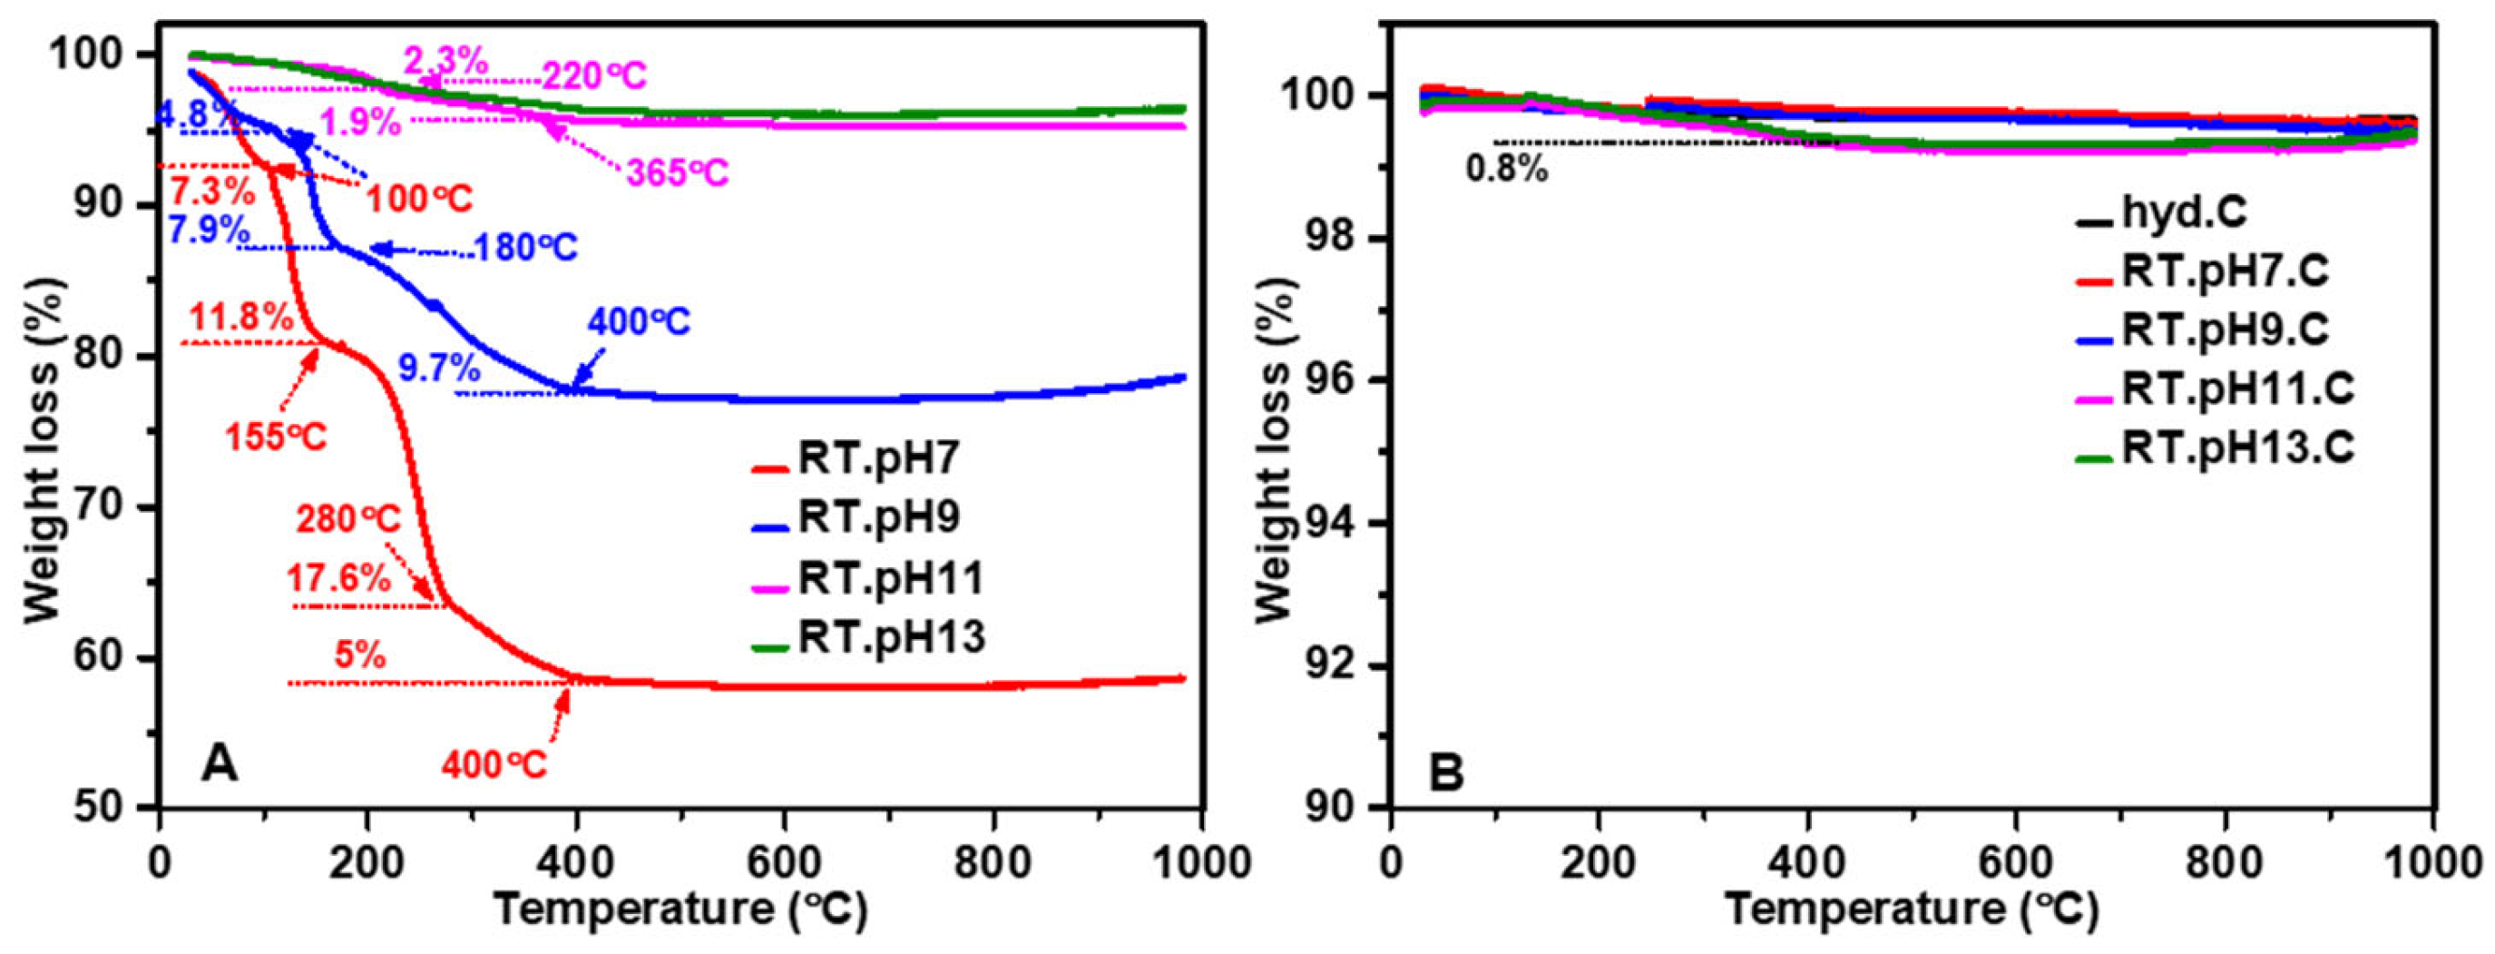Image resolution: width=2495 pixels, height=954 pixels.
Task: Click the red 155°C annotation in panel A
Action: (x=276, y=437)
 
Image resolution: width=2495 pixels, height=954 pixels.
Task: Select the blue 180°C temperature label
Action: (x=525, y=248)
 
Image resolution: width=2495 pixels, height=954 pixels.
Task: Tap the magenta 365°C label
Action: (x=677, y=173)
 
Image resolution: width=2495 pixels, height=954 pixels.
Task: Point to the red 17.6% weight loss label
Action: (x=338, y=579)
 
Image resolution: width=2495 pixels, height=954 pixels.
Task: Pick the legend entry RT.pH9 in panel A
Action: (x=876, y=517)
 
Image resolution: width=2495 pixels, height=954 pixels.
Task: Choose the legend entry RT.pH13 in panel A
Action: (x=890, y=637)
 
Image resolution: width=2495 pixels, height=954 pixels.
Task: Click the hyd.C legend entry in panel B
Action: (x=2183, y=213)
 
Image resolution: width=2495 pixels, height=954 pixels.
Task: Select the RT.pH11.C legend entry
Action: (x=2237, y=390)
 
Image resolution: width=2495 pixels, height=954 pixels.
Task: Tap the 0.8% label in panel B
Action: (x=1507, y=171)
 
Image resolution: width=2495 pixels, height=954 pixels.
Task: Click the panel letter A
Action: (x=220, y=765)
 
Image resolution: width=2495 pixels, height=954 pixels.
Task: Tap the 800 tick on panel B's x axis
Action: (x=2225, y=862)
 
